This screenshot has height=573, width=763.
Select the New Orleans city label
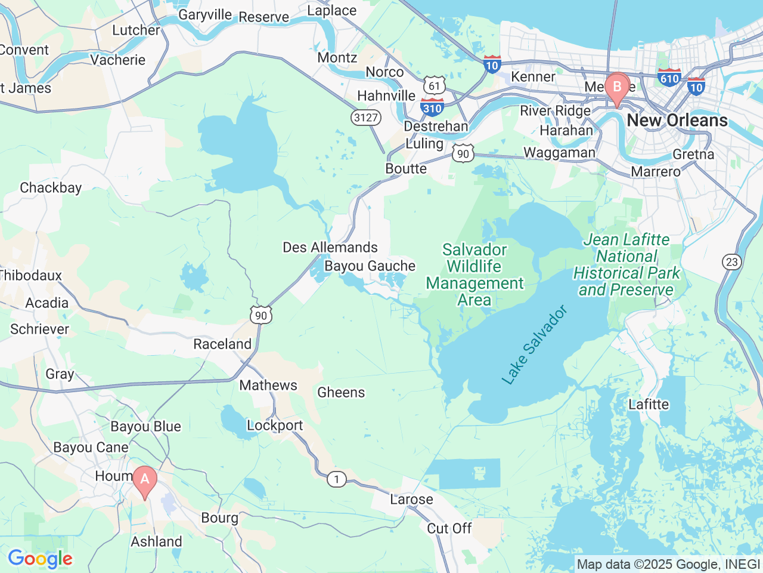point(677,120)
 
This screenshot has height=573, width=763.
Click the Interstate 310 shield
point(432,107)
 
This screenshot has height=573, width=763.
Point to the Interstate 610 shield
point(669,77)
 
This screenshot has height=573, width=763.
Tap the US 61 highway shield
point(435,85)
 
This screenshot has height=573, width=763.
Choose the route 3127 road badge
point(365,117)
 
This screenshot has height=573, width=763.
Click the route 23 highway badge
point(732,261)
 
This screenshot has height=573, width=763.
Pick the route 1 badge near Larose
point(337,479)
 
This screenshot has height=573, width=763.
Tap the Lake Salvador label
point(534,345)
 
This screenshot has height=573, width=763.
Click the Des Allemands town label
point(330,247)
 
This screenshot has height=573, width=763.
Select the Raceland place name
point(222,344)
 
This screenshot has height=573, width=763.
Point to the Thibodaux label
point(30,275)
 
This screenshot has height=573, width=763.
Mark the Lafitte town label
point(649,404)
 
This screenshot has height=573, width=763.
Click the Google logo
point(40,559)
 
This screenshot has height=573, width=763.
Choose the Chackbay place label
point(51,187)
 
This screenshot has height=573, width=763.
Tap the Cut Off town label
point(449,528)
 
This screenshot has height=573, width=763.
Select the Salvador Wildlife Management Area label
point(474,275)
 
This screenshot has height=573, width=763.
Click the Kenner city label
point(533,76)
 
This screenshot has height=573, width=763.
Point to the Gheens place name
point(341,392)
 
